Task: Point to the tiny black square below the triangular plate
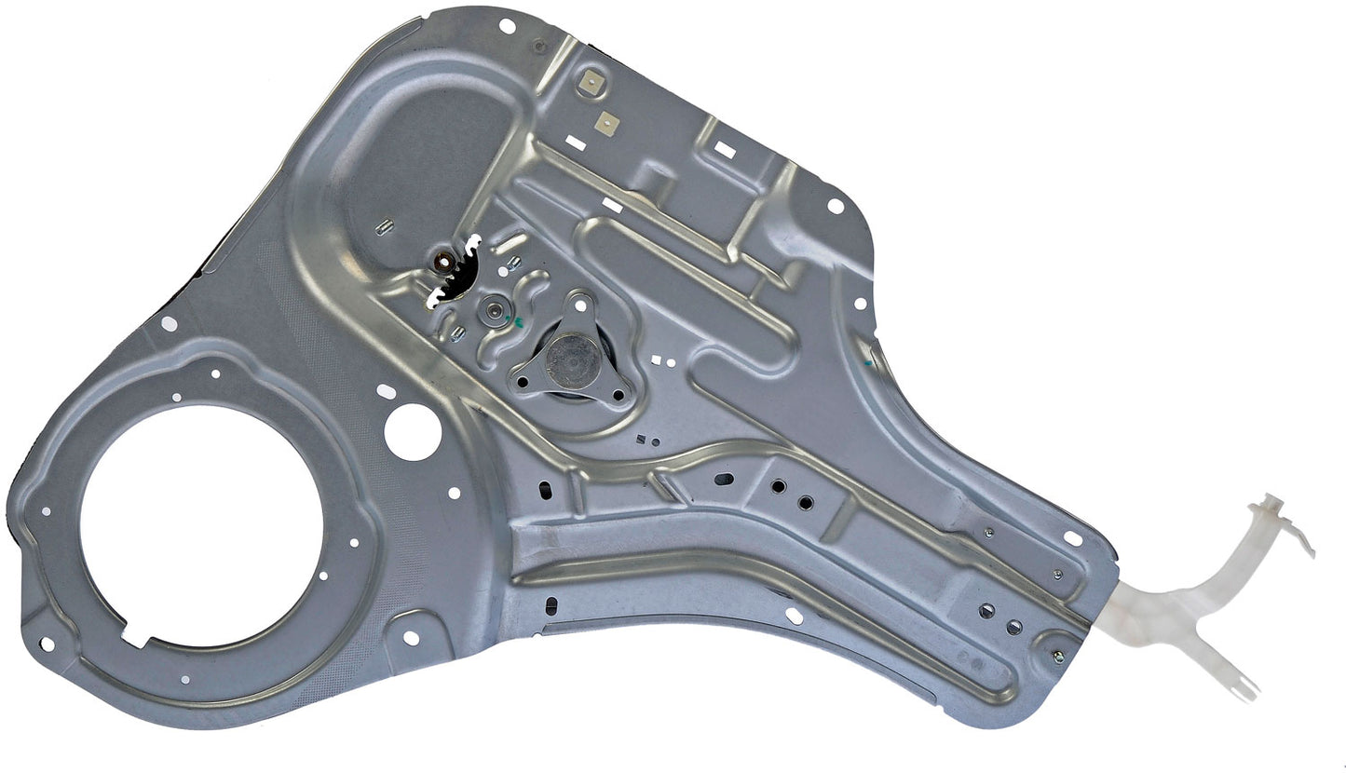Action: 640,438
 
